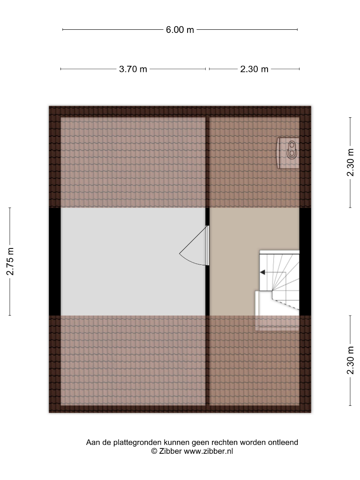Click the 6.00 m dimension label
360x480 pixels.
(180, 30)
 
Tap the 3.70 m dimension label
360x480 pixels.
(133, 69)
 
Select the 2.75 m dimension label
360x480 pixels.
(10, 261)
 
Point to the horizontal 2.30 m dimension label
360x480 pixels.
(254, 69)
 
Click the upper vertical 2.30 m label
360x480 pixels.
(350, 162)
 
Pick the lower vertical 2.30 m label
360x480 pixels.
(350, 360)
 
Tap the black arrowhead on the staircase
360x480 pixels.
(262, 272)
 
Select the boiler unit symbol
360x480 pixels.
(288, 153)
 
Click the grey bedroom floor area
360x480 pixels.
(133, 262)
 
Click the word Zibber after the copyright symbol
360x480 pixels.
(171, 451)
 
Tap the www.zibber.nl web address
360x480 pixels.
(208, 451)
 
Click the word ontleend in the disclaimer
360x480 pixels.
(283, 443)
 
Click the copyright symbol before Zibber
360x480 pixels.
(154, 451)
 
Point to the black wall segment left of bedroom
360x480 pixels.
(55, 262)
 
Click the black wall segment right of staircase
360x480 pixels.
(305, 262)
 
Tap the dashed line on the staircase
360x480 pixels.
(285, 304)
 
